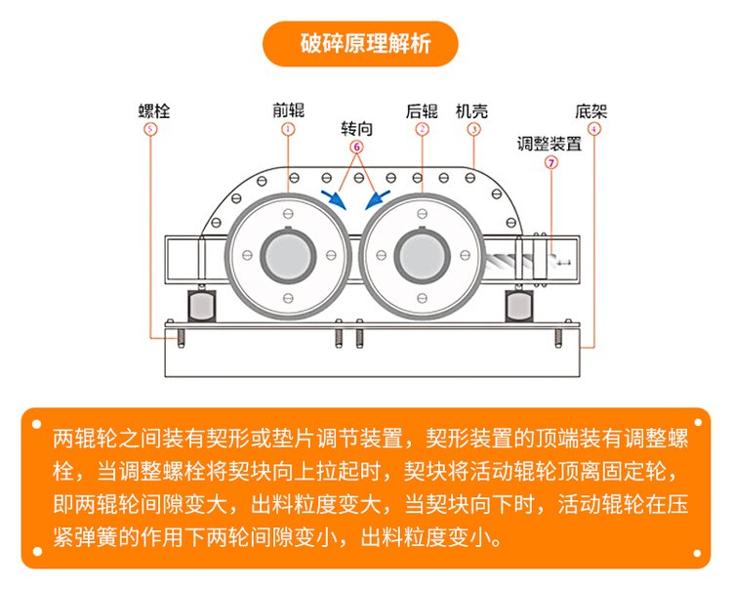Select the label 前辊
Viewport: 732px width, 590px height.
(x=288, y=109)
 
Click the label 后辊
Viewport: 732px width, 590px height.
(x=422, y=109)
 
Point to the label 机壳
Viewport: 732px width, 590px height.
(x=472, y=109)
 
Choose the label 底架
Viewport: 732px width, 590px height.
(x=594, y=109)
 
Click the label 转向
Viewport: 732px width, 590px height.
(x=357, y=128)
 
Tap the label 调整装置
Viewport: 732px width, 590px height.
(x=549, y=145)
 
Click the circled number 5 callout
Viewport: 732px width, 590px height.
(x=149, y=129)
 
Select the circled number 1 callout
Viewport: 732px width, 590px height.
(x=288, y=129)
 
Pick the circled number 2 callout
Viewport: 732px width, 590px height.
(x=422, y=129)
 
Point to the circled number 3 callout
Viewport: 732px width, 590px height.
(x=472, y=129)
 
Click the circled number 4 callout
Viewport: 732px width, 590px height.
(x=594, y=129)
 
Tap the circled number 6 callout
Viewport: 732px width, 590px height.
(x=357, y=147)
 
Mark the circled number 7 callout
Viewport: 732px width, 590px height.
(x=550, y=164)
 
